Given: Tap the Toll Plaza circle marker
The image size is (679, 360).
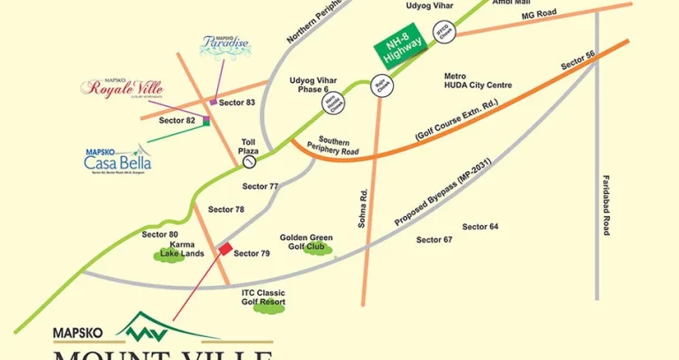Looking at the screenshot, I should (250, 162).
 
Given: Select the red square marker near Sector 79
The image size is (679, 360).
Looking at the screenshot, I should (225, 249).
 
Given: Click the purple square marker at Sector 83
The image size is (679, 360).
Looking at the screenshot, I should (213, 103).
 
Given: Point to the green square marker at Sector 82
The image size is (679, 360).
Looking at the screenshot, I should (206, 121).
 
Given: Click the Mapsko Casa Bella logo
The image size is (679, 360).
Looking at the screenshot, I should (117, 159).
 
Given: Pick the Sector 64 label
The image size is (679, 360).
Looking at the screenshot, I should (480, 227).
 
